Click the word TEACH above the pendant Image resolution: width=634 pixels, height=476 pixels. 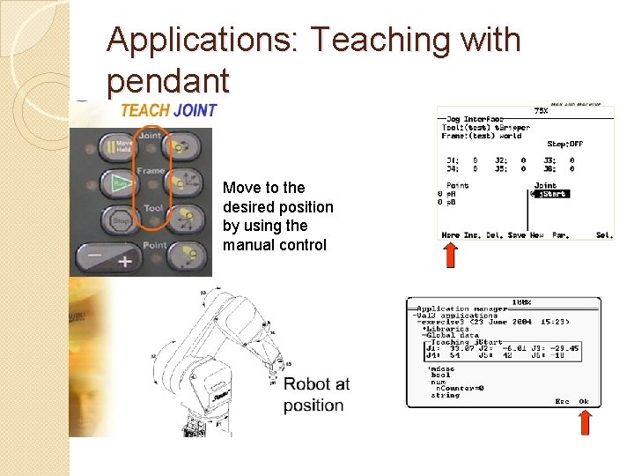click(144, 111)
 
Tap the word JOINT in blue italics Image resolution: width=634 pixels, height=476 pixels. click(195, 111)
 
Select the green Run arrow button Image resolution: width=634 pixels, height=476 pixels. click(122, 184)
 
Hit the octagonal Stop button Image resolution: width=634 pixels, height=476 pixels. click(122, 220)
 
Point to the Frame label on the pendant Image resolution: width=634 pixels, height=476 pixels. click(151, 171)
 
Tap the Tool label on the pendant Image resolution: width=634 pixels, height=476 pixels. click(152, 209)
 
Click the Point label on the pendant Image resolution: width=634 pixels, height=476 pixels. click(155, 245)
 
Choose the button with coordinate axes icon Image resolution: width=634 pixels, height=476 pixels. click(186, 182)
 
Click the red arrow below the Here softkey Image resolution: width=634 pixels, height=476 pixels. click(450, 255)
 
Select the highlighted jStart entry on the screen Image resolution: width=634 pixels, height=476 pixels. click(551, 194)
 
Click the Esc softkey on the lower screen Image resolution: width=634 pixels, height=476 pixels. click(562, 402)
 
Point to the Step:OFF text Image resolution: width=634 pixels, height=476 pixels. click(564, 144)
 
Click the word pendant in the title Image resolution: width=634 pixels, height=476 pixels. click(167, 81)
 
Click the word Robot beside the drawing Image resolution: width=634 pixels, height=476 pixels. click(306, 384)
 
